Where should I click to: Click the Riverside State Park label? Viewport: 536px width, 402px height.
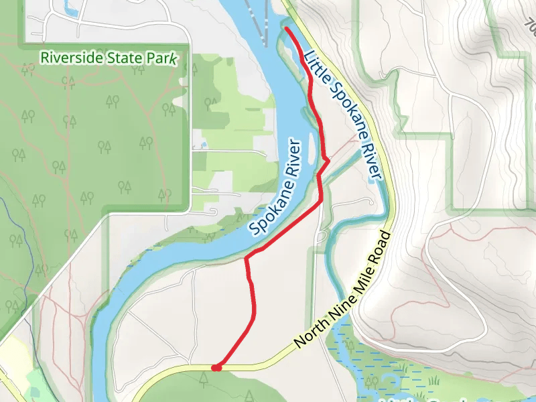(x=109, y=58)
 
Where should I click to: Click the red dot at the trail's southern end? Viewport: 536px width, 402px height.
(x=216, y=367)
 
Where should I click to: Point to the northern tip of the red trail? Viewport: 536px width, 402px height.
(x=287, y=29)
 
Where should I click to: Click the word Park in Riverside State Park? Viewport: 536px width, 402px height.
(x=163, y=58)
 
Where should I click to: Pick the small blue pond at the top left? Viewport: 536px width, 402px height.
(x=70, y=8)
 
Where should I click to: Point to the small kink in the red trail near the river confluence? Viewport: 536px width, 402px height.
(x=326, y=159)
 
